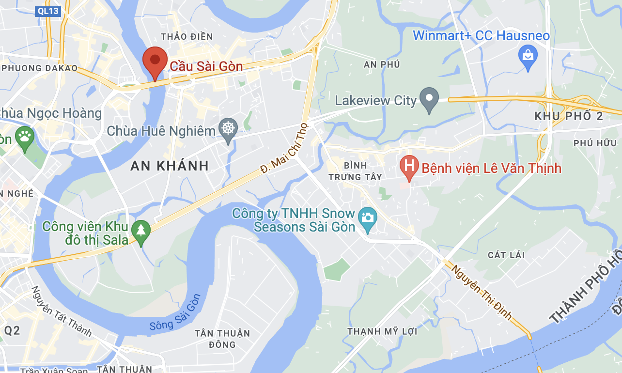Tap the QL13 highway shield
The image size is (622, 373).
tap(48, 11)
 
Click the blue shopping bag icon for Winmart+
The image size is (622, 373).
tap(528, 56)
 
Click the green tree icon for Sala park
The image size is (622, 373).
tap(141, 231)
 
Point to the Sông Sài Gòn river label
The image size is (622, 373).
tap(175, 313)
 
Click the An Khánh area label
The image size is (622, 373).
tap(170, 166)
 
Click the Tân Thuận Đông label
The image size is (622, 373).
tap(222, 339)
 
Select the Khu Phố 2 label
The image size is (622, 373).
tap(569, 116)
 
